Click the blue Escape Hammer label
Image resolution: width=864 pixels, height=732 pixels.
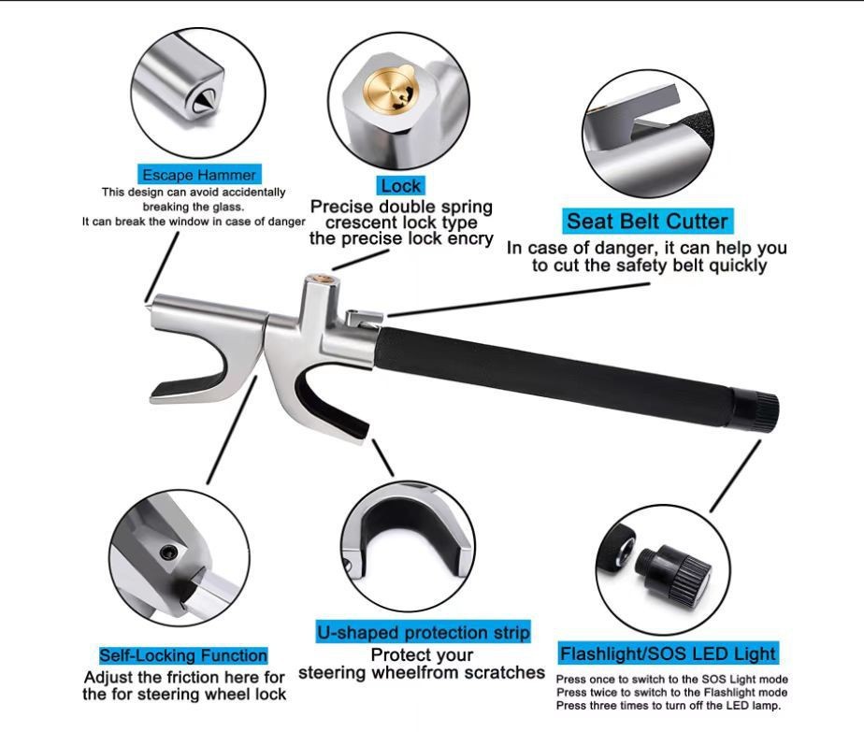(x=198, y=175)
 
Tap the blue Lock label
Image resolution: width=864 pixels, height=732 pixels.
(x=401, y=185)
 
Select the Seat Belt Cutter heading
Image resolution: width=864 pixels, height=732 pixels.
(x=647, y=222)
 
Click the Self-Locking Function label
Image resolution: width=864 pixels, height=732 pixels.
(x=183, y=655)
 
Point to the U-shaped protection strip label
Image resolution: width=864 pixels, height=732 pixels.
(x=423, y=632)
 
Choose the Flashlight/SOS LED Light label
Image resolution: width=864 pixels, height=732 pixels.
(x=668, y=653)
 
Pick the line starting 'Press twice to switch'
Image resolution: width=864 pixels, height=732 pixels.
(x=671, y=693)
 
